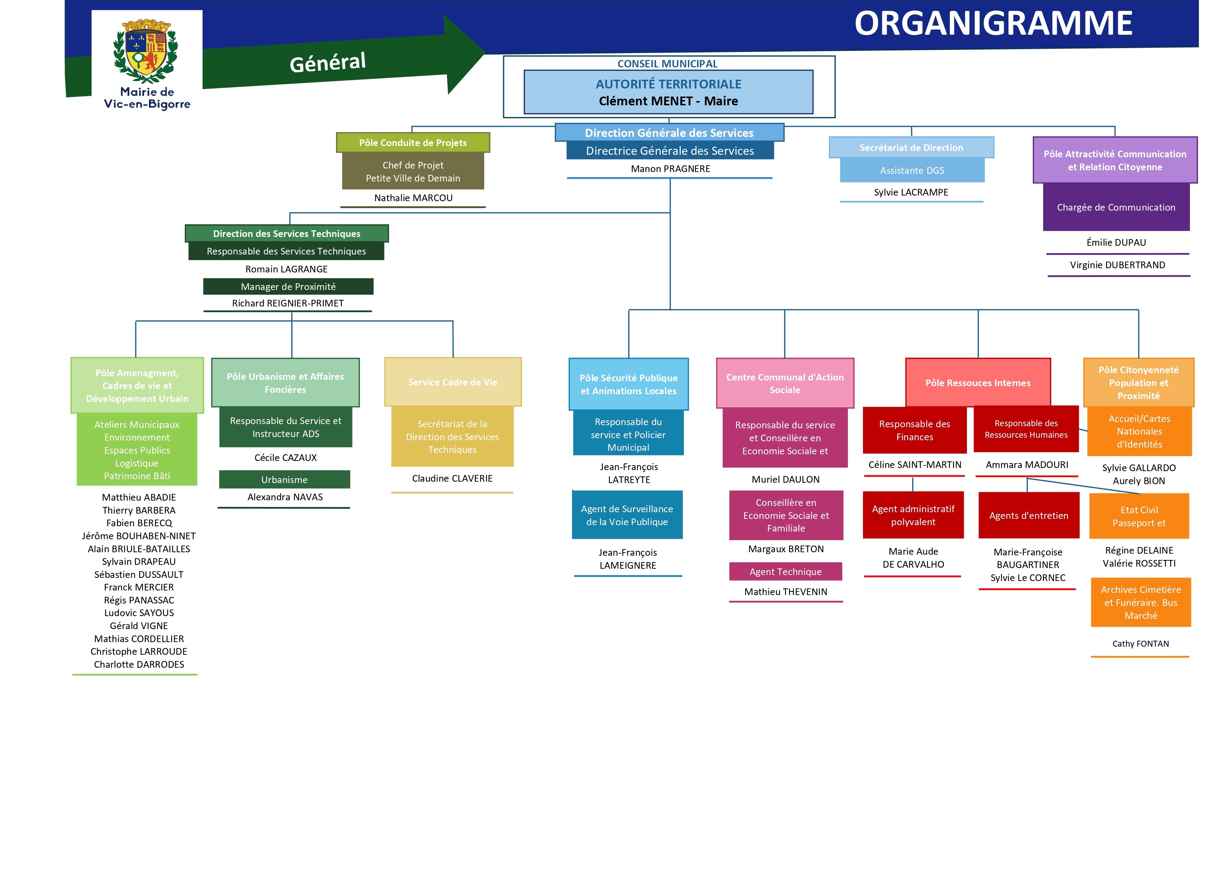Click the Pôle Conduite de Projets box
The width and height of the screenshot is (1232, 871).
pyautogui.click(x=413, y=143)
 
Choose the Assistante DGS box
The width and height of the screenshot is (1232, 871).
pyautogui.click(x=912, y=171)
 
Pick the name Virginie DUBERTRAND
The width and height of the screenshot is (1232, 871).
pyautogui.click(x=1117, y=265)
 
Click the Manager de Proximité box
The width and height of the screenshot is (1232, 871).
pyautogui.click(x=288, y=286)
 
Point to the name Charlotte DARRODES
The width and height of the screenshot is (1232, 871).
pyautogui.click(x=139, y=664)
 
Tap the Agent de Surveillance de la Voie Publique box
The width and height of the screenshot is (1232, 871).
pyautogui.click(x=627, y=515)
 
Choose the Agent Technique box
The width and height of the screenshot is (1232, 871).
pyautogui.click(x=785, y=572)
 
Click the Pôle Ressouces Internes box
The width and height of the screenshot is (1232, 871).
pyautogui.click(x=978, y=383)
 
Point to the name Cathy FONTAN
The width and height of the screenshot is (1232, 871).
pyautogui.click(x=1140, y=644)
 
